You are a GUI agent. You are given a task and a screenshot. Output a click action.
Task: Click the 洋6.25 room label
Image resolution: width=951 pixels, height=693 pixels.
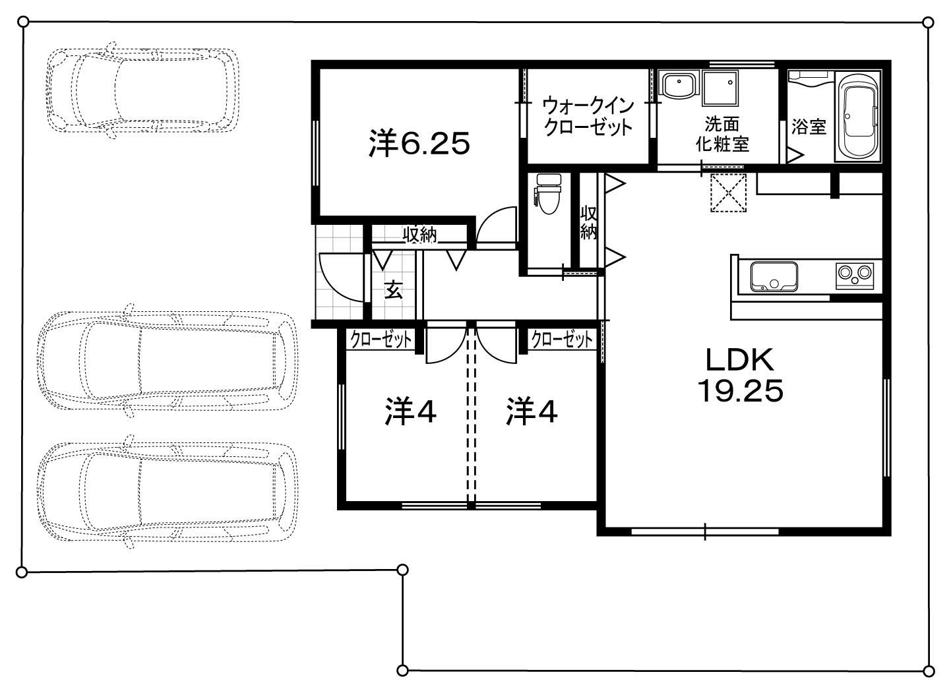[419, 144]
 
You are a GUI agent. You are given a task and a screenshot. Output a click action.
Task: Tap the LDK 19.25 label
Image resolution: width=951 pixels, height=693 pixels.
[740, 375]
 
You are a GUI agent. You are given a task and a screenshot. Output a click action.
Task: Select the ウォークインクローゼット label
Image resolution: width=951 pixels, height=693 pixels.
[588, 116]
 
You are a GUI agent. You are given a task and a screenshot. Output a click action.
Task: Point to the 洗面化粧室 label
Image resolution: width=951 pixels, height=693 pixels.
[721, 134]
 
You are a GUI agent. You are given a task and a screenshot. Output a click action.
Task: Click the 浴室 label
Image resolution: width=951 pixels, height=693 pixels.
[809, 127]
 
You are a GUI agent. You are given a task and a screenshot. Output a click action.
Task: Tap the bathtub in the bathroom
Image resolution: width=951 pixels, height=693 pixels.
[858, 116]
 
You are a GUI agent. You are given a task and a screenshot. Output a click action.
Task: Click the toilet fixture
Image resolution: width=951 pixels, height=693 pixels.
[549, 193]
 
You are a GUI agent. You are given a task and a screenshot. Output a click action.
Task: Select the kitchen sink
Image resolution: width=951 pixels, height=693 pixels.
[774, 277]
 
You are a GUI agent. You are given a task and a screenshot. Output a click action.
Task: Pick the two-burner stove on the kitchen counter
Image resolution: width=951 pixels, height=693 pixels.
[855, 276]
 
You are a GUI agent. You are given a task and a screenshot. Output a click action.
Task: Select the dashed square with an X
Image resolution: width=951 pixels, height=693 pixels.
[728, 193]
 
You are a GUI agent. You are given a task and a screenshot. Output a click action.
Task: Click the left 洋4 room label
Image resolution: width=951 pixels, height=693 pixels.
[410, 411]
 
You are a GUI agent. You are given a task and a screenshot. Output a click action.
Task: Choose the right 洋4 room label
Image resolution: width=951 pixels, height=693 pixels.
[532, 411]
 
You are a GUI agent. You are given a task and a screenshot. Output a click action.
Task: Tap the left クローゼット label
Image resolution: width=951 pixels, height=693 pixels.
[381, 339]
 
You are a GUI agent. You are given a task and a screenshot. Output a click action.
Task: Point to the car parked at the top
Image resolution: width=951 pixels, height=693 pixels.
[142, 90]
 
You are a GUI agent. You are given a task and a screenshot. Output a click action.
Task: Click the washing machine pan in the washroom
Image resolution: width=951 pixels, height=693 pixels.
[720, 88]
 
